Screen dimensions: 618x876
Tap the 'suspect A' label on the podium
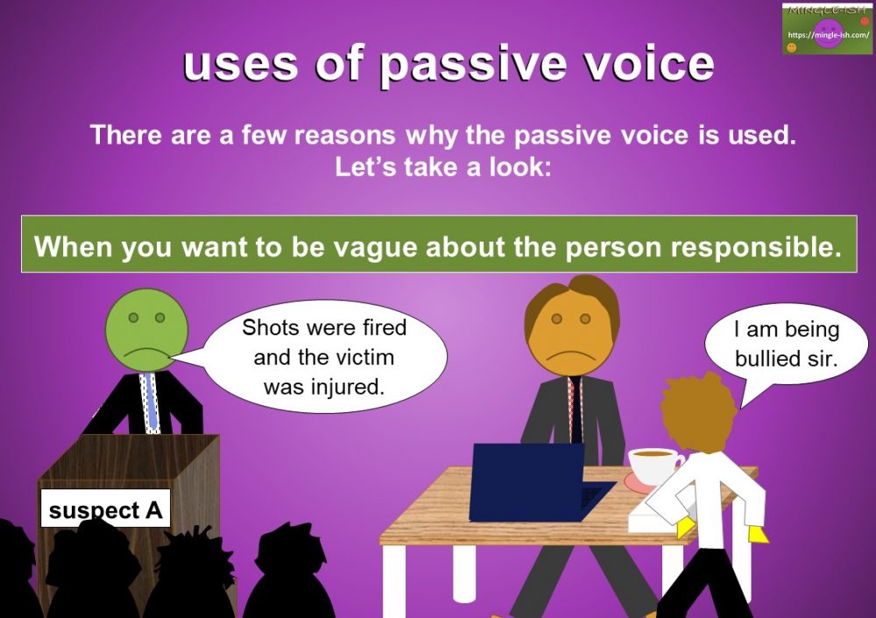pos(105,509)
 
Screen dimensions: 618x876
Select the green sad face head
pos(146,323)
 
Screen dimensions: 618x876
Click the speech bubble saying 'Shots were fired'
pos(324,358)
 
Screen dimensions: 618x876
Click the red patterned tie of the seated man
pos(574,407)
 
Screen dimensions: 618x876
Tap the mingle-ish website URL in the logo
pos(827,35)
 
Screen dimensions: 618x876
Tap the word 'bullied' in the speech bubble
pos(766,358)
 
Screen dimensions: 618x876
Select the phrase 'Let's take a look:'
pos(442,167)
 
